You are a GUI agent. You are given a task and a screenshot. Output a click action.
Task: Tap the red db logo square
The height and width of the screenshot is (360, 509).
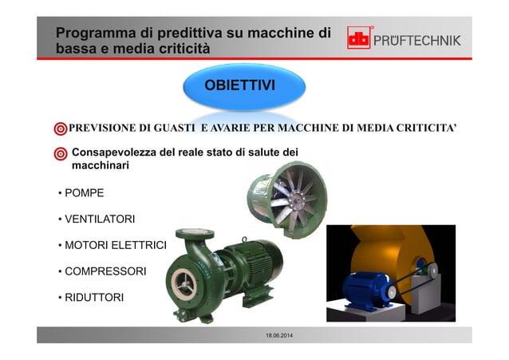pyautogui.click(x=359, y=38)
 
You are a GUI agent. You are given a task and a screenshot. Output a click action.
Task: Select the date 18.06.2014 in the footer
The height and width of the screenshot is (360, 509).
pyautogui.click(x=278, y=343)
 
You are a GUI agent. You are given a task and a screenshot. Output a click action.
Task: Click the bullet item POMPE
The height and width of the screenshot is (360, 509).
pyautogui.click(x=84, y=192)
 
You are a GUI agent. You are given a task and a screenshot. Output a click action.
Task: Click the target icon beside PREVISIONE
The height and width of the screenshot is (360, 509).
pyautogui.click(x=60, y=129)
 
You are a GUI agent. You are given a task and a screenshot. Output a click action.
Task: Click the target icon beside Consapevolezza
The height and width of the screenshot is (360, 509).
pyautogui.click(x=61, y=153)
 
